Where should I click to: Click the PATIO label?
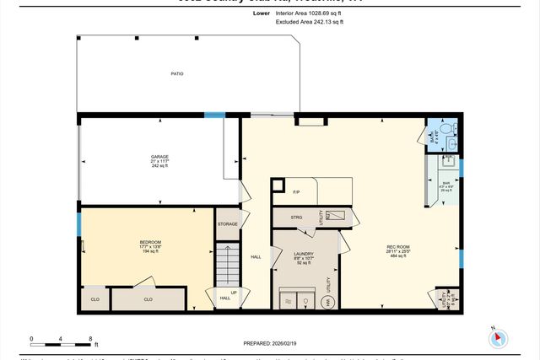[177, 74]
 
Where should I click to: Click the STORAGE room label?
[227, 223]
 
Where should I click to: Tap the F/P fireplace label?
[297, 193]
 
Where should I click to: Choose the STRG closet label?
[297, 217]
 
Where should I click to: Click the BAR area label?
[446, 184]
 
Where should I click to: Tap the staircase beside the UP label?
[226, 263]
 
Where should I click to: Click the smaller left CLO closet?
[93, 299]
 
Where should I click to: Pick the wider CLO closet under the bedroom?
[148, 299]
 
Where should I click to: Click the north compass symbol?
[498, 338]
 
